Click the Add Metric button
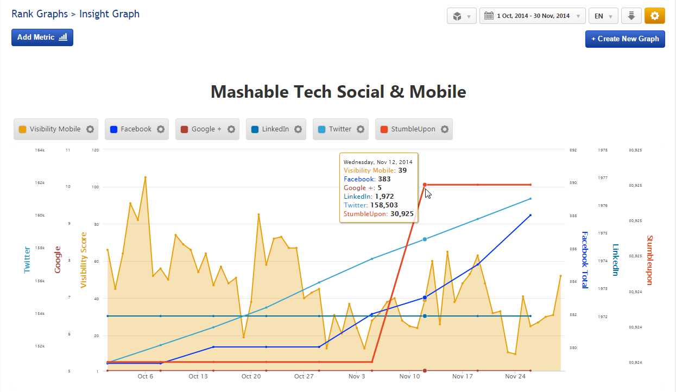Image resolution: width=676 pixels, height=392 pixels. pos(42,37)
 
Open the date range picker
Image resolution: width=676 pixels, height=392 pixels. pos(532,16)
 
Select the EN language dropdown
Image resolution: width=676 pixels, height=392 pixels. pos(603,16)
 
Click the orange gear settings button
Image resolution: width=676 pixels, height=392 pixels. pos(654,16)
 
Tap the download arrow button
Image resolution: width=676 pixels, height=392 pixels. pos(631,16)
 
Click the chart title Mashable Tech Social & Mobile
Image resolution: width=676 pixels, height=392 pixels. pos(338,92)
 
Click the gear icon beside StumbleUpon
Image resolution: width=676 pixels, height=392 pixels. pos(445,129)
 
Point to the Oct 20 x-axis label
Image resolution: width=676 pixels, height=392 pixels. pos(251,376)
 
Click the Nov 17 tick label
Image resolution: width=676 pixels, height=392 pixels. pos(462,376)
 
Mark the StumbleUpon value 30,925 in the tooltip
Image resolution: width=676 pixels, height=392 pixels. pos(402,214)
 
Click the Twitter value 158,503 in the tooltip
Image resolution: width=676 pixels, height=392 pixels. pos(387,205)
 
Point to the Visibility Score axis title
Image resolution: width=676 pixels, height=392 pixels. pos(84,260)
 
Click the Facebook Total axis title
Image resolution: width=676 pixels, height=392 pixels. pos(585,259)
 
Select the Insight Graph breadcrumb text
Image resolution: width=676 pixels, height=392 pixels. pos(109,14)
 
